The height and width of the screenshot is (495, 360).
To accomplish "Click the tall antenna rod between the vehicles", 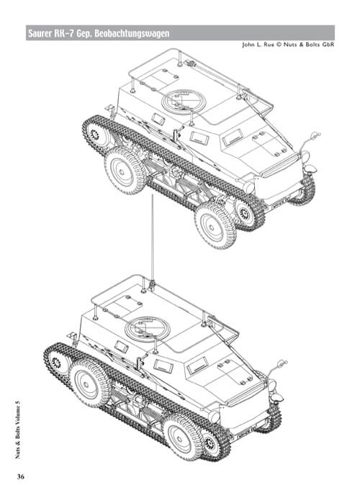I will pos(152,237).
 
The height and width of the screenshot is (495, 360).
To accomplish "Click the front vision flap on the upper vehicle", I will pos(232,135).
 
